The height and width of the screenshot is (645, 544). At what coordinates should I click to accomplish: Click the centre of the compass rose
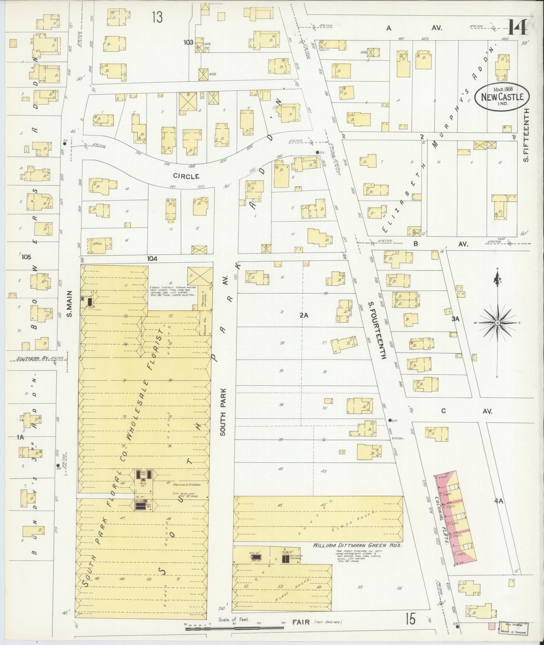(x=497, y=323)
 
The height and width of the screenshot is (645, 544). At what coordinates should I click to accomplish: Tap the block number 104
(x=152, y=259)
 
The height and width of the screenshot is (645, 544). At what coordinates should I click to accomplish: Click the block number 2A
(x=304, y=315)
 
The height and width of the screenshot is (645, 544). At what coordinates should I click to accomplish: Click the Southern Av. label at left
(x=33, y=358)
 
